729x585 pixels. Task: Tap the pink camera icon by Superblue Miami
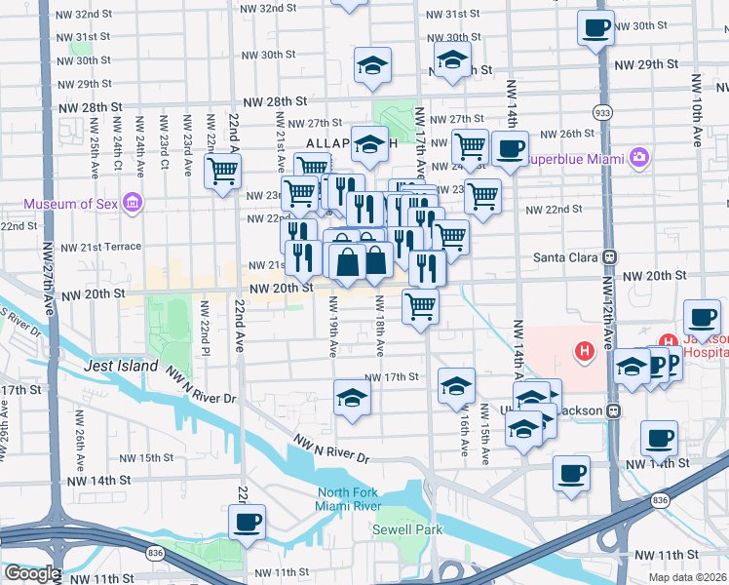click(639, 157)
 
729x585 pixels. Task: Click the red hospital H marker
click(585, 351)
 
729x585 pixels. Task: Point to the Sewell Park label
click(407, 529)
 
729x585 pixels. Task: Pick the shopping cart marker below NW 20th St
click(420, 306)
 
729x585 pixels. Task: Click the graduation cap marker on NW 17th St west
click(352, 396)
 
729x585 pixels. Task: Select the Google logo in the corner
click(31, 574)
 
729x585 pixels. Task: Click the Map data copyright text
click(687, 577)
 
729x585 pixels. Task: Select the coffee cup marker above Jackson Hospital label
click(702, 316)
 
